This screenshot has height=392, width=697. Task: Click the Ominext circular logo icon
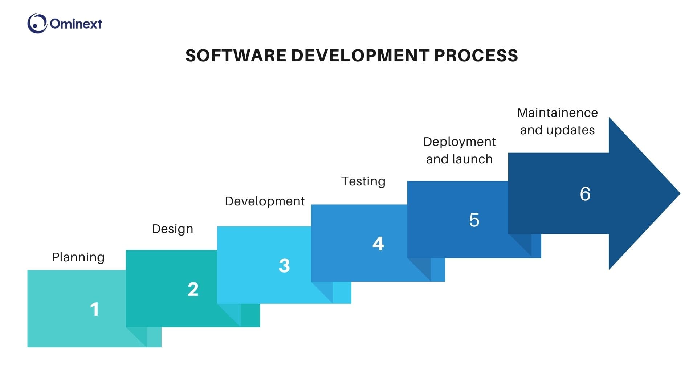pyautogui.click(x=37, y=24)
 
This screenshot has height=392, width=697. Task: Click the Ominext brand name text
pyautogui.click(x=76, y=24)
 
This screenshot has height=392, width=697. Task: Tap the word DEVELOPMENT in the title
pyautogui.click(x=360, y=56)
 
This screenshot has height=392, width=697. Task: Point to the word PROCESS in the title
pyautogui.click(x=476, y=56)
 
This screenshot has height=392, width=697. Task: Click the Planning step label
pyautogui.click(x=78, y=257)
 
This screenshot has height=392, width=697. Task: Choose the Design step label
pyautogui.click(x=172, y=229)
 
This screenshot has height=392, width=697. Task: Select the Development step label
pyautogui.click(x=265, y=201)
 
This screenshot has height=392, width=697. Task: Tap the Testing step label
pyautogui.click(x=363, y=181)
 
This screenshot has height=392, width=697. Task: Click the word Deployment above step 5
pyautogui.click(x=459, y=142)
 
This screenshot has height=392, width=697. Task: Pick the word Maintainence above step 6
pyautogui.click(x=557, y=113)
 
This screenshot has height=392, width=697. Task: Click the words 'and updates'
pyautogui.click(x=557, y=130)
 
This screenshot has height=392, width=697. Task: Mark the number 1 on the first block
pyautogui.click(x=94, y=310)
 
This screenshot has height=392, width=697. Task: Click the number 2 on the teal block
pyautogui.click(x=193, y=289)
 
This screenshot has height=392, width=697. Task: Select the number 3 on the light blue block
pyautogui.click(x=284, y=266)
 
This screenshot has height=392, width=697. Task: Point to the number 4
pyautogui.click(x=378, y=243)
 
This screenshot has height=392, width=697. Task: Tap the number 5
pyautogui.click(x=474, y=220)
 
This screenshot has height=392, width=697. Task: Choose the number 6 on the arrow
pyautogui.click(x=585, y=194)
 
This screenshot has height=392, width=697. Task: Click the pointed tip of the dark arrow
pyautogui.click(x=680, y=193)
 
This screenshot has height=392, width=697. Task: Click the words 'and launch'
pyautogui.click(x=459, y=159)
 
